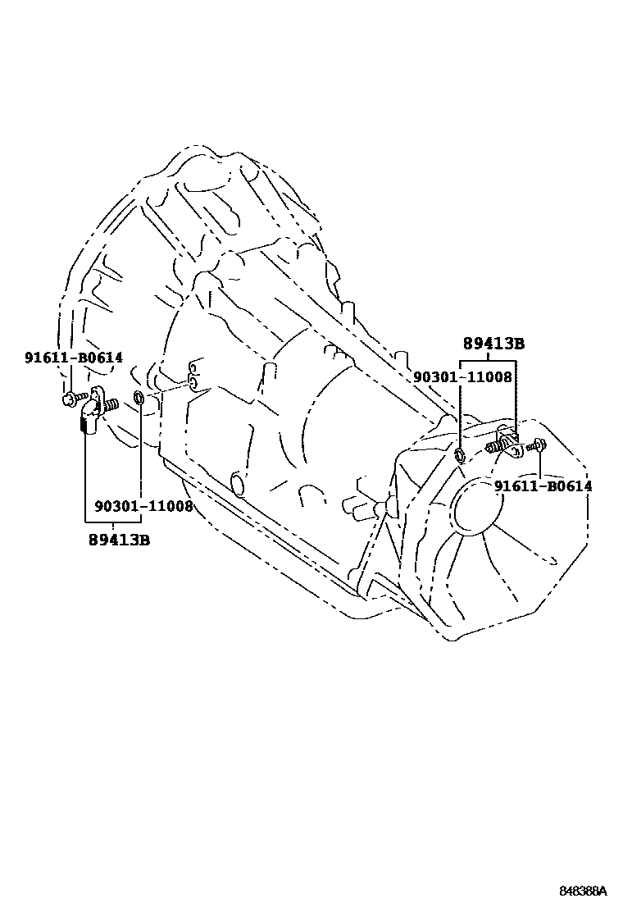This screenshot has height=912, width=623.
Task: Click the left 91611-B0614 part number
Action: point(73,357)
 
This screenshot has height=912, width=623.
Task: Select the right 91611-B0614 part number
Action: point(543,486)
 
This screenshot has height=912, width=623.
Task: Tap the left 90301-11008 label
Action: point(143,507)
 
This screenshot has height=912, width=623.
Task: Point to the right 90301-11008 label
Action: point(462,377)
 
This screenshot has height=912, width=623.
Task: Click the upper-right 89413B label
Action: point(493,344)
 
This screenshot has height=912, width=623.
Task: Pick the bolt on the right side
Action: point(536,445)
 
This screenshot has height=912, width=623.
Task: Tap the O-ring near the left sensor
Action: point(139,399)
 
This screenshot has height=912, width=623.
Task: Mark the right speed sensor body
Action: point(508,445)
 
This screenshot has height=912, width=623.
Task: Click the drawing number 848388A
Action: point(583,891)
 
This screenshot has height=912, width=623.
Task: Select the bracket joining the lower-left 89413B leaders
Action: point(112,522)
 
